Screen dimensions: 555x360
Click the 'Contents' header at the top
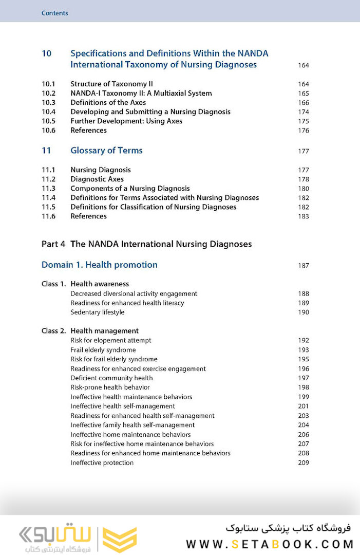(54, 13)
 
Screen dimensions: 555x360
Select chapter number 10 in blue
(46, 53)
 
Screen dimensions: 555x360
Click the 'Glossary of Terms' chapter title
(106, 151)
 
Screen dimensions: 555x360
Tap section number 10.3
(48, 102)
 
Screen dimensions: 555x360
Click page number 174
(303, 112)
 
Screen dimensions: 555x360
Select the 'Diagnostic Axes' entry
(97, 179)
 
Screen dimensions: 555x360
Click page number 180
(303, 189)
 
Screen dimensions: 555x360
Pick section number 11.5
(48, 207)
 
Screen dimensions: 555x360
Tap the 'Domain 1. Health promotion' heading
(99, 265)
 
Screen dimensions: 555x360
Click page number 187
(303, 266)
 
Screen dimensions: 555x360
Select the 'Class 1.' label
(53, 284)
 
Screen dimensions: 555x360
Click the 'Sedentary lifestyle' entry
(97, 312)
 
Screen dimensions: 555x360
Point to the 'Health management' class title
(104, 331)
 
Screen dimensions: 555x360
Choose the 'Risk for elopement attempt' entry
(110, 340)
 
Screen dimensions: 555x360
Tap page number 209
(303, 463)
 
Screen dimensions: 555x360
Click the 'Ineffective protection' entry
(102, 463)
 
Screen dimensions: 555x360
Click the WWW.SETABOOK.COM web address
(270, 544)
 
